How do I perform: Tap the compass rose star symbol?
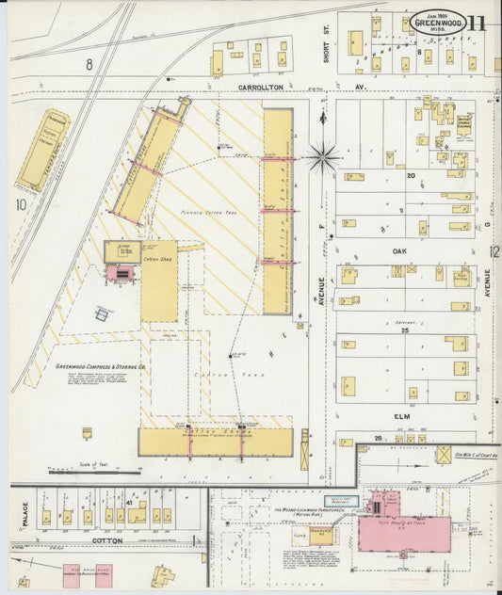pyautogui.click(x=322, y=156)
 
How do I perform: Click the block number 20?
pyautogui.click(x=411, y=176)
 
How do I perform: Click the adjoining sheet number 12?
pyautogui.click(x=494, y=251)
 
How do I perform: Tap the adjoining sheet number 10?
pyautogui.click(x=20, y=203)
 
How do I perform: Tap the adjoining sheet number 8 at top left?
pyautogui.click(x=89, y=64)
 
